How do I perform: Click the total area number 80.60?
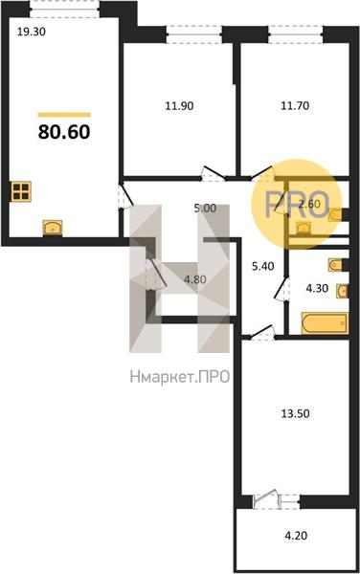pyautogui.click(x=64, y=132)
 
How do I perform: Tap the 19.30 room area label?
pyautogui.click(x=32, y=33)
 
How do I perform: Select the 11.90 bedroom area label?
pyautogui.click(x=179, y=106)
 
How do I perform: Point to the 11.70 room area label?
pyautogui.click(x=295, y=106)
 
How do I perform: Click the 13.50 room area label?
pyautogui.click(x=295, y=414)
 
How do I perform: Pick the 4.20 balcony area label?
pyautogui.click(x=296, y=536)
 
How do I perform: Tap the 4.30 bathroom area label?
pyautogui.click(x=317, y=289)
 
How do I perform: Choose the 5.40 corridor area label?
pyautogui.click(x=263, y=266)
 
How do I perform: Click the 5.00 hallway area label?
pyautogui.click(x=205, y=209)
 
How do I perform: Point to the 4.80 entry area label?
pyautogui.click(x=195, y=279)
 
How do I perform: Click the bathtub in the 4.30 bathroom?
pyautogui.click(x=325, y=323)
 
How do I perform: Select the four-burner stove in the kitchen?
pyautogui.click(x=21, y=191)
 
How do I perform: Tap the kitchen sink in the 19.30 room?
pyautogui.click(x=53, y=228)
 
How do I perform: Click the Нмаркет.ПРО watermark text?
pyautogui.click(x=180, y=376)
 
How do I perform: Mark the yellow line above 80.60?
pyautogui.click(x=64, y=115)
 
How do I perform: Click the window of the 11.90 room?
pyautogui.click(x=194, y=34)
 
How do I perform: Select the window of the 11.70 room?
pyautogui.click(x=296, y=34)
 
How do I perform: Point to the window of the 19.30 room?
pyautogui.click(x=64, y=8)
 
